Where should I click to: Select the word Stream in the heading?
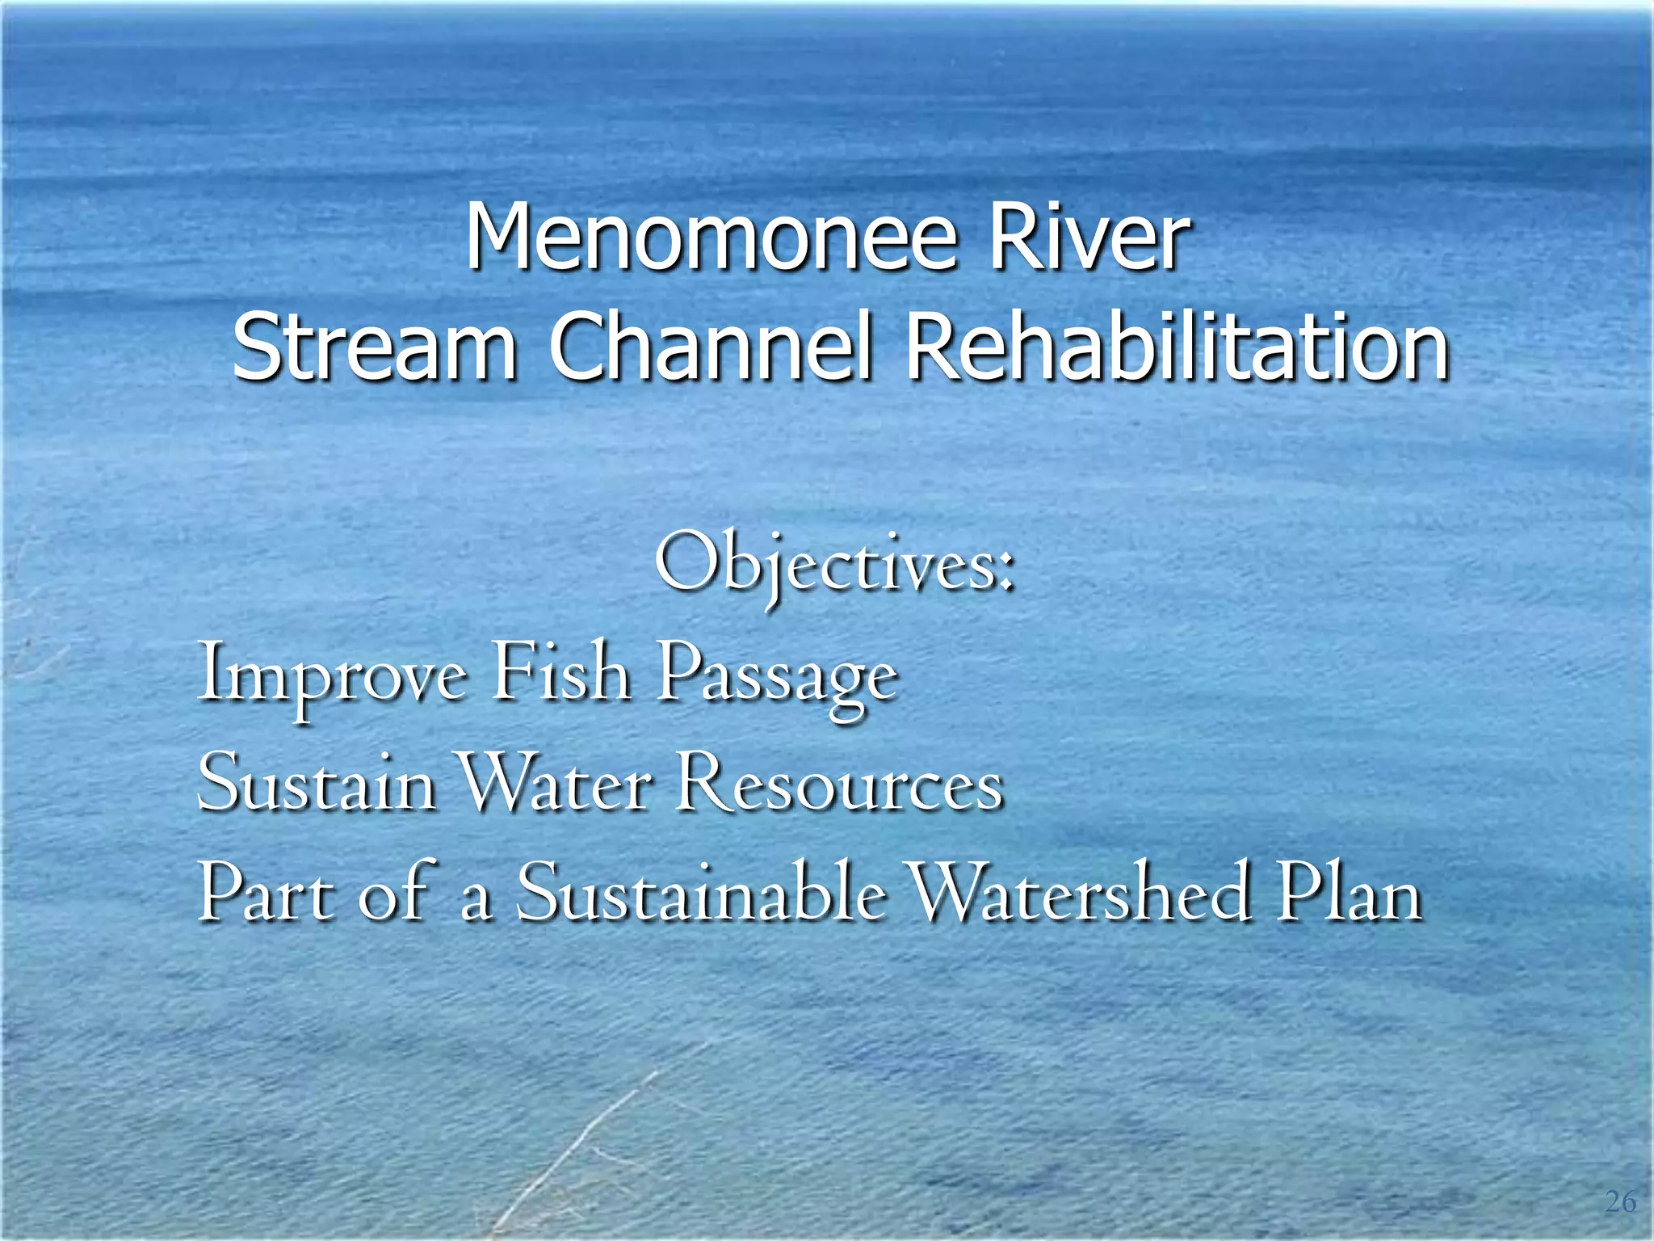pyautogui.click(x=374, y=348)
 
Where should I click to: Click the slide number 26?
pyautogui.click(x=1620, y=1201)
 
